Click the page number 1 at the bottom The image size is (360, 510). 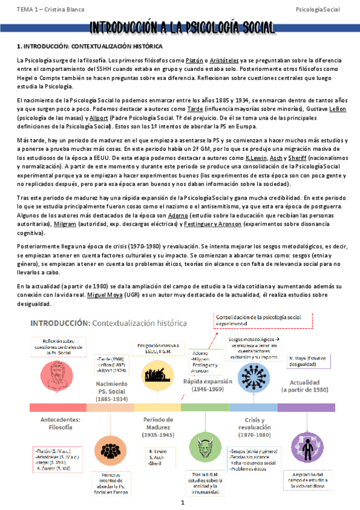coord(181,502)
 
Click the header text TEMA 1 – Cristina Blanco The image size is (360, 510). coord(43,10)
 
